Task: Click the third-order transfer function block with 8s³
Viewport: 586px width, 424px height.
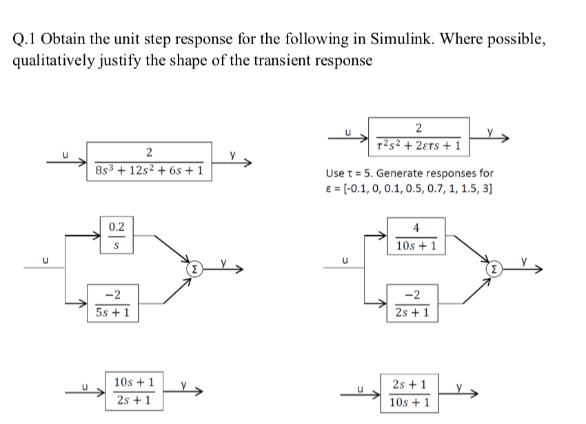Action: point(150,161)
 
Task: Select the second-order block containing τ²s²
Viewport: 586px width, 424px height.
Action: point(420,137)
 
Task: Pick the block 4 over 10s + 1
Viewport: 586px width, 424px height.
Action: point(414,236)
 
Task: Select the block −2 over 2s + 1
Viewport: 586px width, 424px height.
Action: point(414,303)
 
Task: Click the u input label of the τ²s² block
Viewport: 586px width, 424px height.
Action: point(348,129)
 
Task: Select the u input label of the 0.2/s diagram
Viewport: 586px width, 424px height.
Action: point(46,261)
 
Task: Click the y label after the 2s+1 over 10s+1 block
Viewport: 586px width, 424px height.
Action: point(459,387)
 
